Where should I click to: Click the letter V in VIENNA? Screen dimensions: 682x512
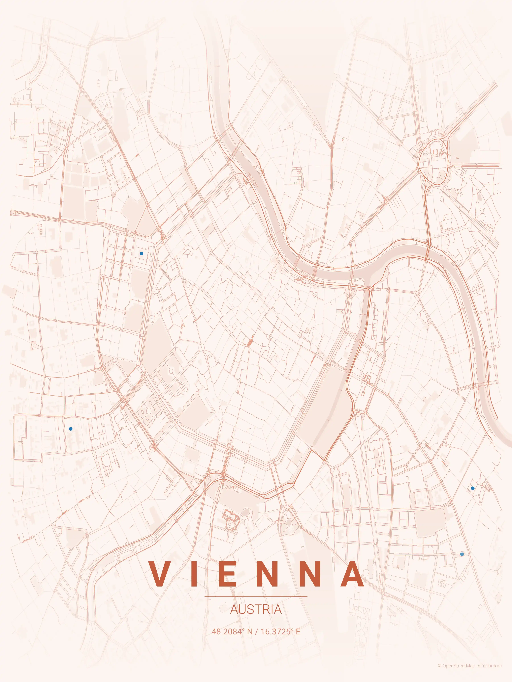point(161,574)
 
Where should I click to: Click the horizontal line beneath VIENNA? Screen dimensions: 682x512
point(256,597)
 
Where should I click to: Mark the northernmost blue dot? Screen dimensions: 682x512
point(141,253)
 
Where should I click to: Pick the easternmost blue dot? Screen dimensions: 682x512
point(472,488)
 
